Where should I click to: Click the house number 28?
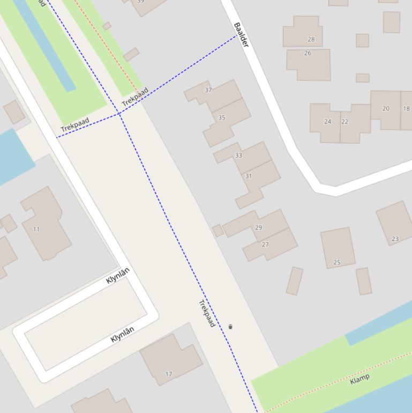pos(311,39)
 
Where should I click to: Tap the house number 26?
pos(308,53)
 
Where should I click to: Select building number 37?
pos(208,90)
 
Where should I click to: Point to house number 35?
pos(221,117)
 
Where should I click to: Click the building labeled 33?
pos(238,156)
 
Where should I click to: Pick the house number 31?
pos(248,176)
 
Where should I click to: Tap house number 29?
pos(258,227)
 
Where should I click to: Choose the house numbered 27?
pos(265,245)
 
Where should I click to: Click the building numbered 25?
pos(337,262)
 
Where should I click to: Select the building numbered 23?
pos(395,239)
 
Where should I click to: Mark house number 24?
pos(327,122)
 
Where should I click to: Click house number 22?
pos(344,122)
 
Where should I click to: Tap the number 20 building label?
pos(386,108)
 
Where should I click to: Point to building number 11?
pos(36,229)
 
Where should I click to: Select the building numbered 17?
pos(169,374)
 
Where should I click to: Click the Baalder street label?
pos(242,35)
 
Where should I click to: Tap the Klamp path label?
pos(359,380)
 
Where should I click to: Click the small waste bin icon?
pos(230,327)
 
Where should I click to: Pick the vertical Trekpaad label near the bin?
pos(207,313)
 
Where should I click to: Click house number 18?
pos(406,109)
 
